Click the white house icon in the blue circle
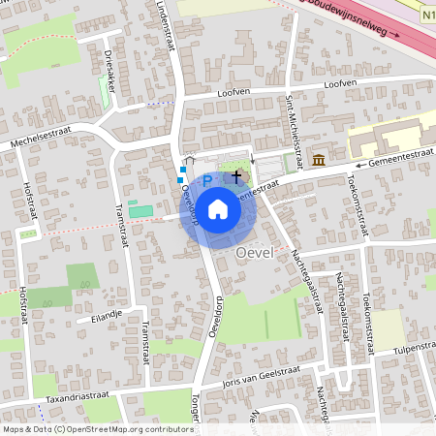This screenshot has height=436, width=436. click(x=218, y=207)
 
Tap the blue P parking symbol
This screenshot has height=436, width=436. click(x=206, y=181)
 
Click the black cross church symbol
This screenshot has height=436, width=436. click(x=236, y=176)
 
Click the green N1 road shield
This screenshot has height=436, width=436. click(x=427, y=16)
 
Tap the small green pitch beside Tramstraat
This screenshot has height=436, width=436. click(x=140, y=211)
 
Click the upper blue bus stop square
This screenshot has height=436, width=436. click(x=182, y=169)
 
